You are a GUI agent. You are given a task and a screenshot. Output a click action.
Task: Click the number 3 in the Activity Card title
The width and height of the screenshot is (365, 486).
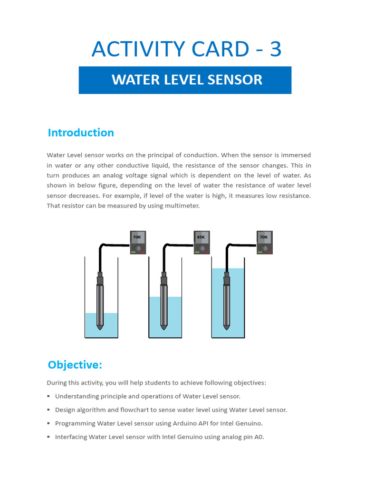click(x=275, y=49)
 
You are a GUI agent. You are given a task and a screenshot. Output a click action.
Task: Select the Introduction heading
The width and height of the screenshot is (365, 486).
click(x=81, y=132)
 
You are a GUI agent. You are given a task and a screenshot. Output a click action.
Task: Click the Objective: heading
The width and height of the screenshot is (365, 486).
click(x=75, y=364)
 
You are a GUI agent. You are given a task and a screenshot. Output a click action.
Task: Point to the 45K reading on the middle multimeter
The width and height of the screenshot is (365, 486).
click(x=201, y=237)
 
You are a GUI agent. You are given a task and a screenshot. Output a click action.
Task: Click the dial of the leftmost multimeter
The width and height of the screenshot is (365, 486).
click(x=138, y=248)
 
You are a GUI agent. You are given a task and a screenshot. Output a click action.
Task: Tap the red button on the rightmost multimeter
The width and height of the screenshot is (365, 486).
click(x=269, y=252)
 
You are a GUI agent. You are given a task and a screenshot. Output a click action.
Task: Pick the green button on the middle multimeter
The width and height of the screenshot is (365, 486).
click(x=196, y=252)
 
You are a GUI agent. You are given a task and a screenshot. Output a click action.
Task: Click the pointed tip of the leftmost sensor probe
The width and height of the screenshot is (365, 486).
click(x=100, y=327)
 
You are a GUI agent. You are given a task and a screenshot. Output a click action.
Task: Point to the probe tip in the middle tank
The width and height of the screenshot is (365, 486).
click(x=163, y=327)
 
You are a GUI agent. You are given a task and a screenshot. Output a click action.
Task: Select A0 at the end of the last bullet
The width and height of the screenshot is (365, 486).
click(x=259, y=437)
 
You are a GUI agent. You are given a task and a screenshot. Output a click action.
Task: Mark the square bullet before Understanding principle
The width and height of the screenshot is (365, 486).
click(x=48, y=396)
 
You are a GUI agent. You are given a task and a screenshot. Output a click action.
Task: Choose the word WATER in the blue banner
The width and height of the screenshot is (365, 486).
click(x=129, y=79)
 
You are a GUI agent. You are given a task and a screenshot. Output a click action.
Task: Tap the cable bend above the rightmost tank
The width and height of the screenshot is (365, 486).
click(x=228, y=246)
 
